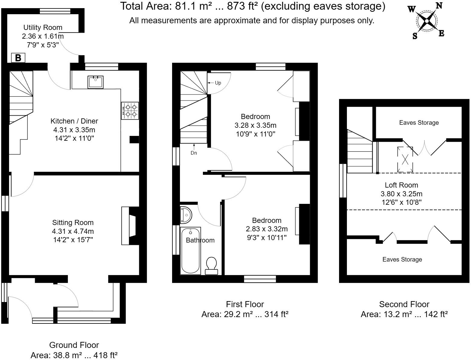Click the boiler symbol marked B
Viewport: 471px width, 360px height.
click(x=18, y=58)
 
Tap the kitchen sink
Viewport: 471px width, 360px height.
click(x=95, y=82)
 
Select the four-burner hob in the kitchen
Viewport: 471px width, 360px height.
click(x=130, y=111)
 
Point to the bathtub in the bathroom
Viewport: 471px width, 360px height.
click(x=190, y=251)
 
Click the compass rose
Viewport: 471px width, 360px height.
click(x=427, y=21)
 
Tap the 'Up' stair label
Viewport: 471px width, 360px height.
click(x=218, y=83)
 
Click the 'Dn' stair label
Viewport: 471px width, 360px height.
click(x=194, y=153)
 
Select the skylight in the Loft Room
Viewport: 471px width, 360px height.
click(x=405, y=159)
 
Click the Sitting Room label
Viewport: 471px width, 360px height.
click(x=73, y=223)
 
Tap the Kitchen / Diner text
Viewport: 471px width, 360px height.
click(x=74, y=121)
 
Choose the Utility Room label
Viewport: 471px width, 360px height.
click(x=43, y=27)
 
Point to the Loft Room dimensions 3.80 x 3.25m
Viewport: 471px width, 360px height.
click(x=401, y=194)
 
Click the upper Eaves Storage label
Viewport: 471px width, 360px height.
click(x=419, y=123)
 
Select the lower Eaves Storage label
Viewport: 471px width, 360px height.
click(x=402, y=259)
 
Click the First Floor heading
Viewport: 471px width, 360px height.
click(x=245, y=304)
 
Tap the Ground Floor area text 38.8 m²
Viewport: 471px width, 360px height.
click(x=74, y=355)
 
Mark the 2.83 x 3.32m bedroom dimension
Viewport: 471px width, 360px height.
click(x=267, y=229)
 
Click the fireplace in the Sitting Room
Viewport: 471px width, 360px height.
click(x=130, y=225)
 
